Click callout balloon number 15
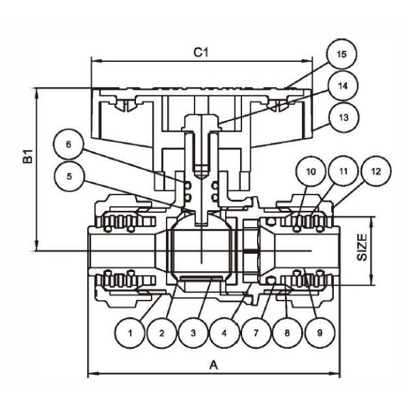coord(341,54)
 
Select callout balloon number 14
coord(341,86)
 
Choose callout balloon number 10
coord(311,172)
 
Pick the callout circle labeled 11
coord(342,172)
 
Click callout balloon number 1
coord(130,333)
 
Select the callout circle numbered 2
coord(162,333)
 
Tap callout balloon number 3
coord(194,333)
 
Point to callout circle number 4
coord(225,333)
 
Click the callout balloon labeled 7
coord(256,333)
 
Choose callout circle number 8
coord(288,333)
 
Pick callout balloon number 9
coord(319,333)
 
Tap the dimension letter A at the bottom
coord(213,365)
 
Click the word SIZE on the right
coord(362,248)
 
